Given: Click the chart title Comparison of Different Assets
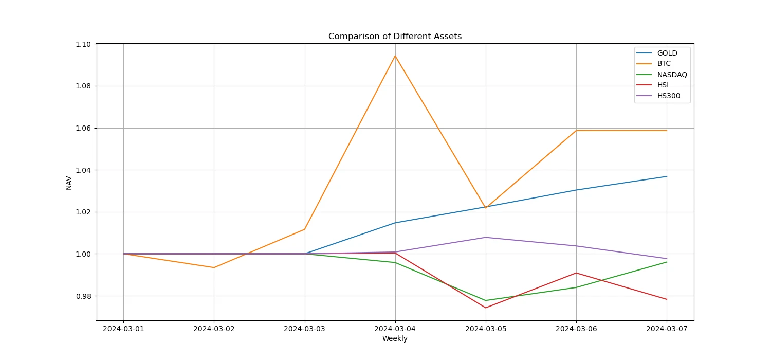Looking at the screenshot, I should [395, 37].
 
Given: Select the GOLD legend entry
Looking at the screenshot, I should [667, 53].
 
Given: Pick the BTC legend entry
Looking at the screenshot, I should [664, 64].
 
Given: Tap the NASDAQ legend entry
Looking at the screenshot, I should [672, 75].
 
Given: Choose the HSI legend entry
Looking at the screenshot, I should [663, 85].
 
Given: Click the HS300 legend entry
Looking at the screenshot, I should [668, 96].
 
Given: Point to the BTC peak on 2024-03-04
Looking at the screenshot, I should [395, 56].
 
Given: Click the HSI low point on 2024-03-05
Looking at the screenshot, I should [486, 308].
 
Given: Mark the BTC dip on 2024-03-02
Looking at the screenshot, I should [214, 267].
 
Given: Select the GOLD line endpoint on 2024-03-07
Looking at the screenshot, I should [667, 176].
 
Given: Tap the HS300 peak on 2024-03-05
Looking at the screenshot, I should [486, 237].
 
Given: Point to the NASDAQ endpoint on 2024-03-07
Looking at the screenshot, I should [667, 262].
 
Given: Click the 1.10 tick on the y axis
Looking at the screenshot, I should [84, 44].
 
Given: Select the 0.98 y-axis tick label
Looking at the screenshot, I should [84, 296].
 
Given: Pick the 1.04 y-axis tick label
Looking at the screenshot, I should [84, 170].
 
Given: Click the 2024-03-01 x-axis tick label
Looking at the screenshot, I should [123, 328].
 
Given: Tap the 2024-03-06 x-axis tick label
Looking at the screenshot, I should [576, 328].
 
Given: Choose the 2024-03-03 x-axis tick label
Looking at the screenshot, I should [305, 328].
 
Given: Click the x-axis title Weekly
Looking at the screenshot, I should [395, 338].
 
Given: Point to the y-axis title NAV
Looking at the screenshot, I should [69, 183].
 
